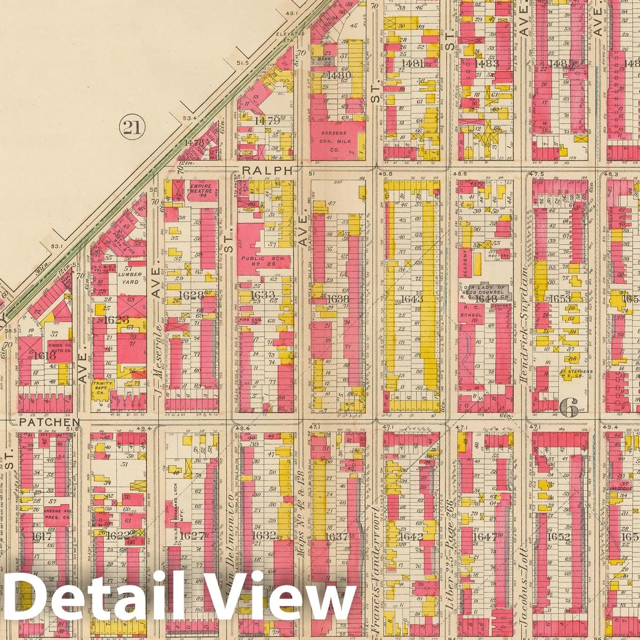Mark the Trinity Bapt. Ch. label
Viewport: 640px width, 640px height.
tap(102, 386)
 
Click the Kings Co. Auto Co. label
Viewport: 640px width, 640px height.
tap(60, 349)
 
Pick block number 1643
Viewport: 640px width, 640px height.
tap(412, 299)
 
